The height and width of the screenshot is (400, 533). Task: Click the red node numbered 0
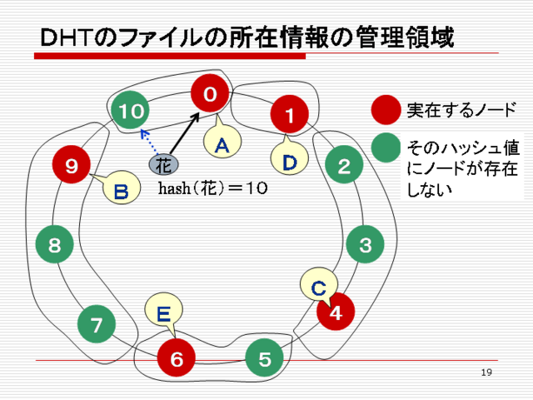click(210, 93)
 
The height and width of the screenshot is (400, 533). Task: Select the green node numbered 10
click(131, 110)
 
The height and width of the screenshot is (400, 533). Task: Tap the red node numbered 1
click(289, 114)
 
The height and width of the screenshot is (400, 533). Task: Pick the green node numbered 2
click(344, 165)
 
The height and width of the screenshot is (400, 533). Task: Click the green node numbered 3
click(365, 244)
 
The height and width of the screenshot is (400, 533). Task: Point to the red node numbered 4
click(336, 311)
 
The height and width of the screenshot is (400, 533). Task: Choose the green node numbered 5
click(265, 357)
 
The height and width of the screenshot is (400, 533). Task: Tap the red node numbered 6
click(176, 357)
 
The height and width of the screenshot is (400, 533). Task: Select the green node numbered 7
click(97, 324)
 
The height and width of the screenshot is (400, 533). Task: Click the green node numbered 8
click(54, 244)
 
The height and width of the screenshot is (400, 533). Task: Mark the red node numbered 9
click(72, 165)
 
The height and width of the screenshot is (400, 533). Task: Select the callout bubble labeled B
click(122, 187)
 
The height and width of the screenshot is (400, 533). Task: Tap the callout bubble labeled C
click(319, 285)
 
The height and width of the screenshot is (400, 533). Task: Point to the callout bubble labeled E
click(164, 311)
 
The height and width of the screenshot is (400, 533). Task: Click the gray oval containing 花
click(163, 165)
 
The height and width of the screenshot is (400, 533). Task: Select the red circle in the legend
click(386, 110)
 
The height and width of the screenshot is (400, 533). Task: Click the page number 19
click(486, 372)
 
